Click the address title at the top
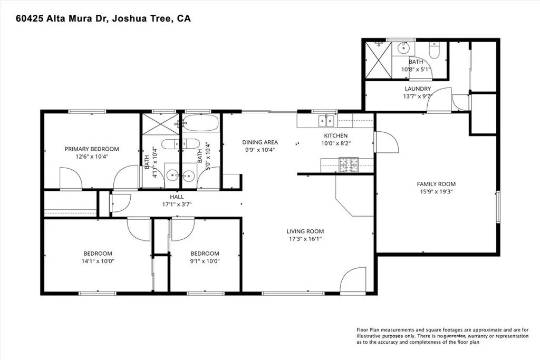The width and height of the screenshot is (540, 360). tap(103, 18)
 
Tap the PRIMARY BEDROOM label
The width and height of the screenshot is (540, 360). tap(92, 149)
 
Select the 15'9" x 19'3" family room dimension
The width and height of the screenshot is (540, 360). tap(436, 191)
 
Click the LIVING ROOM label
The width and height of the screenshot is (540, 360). tap(305, 231)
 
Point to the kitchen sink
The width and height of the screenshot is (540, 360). tap(326, 121)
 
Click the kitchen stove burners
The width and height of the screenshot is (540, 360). tap(349, 165)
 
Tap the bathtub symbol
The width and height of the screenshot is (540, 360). tap(200, 123)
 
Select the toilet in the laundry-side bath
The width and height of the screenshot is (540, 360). tap(433, 50)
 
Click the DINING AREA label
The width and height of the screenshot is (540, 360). tap(260, 142)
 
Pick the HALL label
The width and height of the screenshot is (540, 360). tap(177, 197)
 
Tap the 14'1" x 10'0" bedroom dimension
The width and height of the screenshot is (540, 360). tap(98, 261)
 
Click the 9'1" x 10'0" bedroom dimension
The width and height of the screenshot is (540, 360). tap(205, 261)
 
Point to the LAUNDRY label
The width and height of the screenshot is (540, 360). tap(418, 89)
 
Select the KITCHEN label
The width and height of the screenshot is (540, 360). tap(336, 135)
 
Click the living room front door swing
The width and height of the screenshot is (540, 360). tap(353, 279)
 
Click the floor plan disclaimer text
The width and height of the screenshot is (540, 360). tap(442, 336)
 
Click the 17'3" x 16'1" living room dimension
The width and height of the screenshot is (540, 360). tap(305, 239)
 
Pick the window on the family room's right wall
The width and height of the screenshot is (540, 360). tap(498, 207)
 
